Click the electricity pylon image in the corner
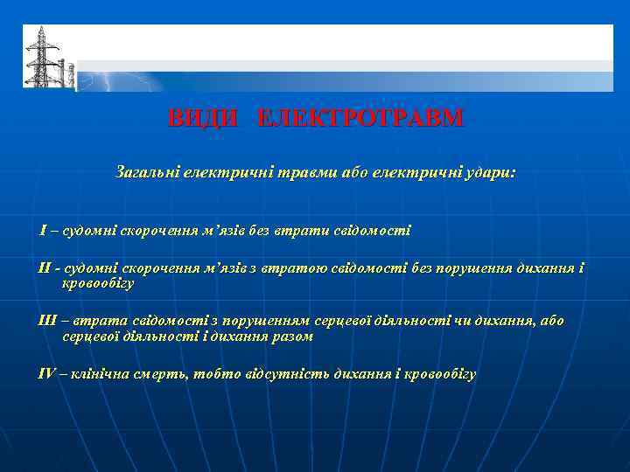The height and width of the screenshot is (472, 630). [x=38, y=57]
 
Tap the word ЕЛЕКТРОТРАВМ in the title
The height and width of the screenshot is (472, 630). [x=360, y=118]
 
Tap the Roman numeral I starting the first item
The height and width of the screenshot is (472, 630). [x=43, y=231]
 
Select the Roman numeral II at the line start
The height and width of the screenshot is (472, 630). [x=45, y=267]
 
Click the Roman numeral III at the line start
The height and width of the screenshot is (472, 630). [x=47, y=321]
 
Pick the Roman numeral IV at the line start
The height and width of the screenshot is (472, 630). [x=47, y=374]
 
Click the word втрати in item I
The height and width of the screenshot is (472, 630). [x=297, y=231]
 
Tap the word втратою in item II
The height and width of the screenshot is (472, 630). [x=314, y=267]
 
